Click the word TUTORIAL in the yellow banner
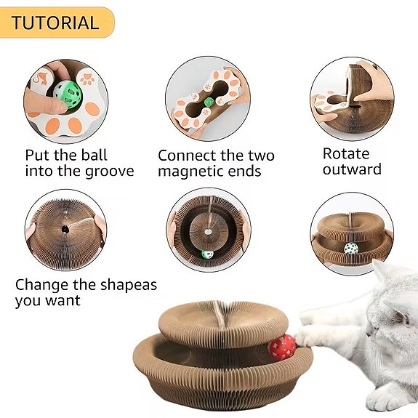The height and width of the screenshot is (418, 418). (55, 23)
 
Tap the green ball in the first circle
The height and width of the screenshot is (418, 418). (65, 94)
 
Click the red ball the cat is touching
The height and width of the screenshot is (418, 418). (282, 347)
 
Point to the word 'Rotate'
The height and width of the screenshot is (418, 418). (346, 154)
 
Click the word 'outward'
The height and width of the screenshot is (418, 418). (352, 170)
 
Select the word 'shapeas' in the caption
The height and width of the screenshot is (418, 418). (128, 285)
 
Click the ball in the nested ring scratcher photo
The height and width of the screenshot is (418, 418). (207, 255)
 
